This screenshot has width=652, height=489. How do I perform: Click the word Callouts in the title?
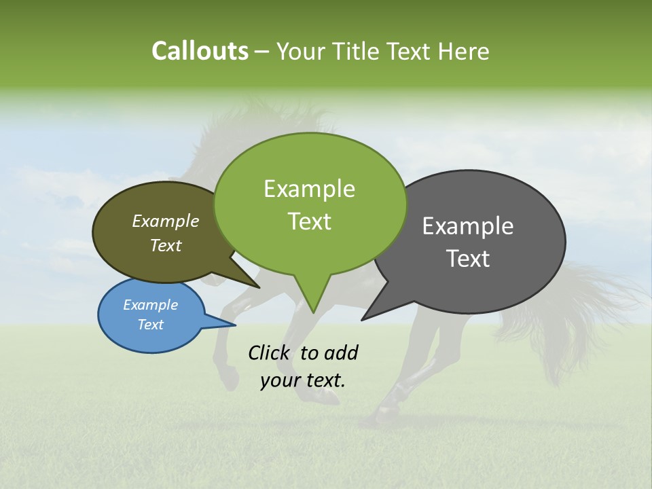[200, 51]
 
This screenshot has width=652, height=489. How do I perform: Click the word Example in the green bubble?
[310, 189]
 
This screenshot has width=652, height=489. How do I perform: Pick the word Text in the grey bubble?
[468, 259]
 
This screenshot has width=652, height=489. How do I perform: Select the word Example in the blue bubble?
[151, 305]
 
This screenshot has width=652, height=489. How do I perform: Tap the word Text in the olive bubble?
[166, 245]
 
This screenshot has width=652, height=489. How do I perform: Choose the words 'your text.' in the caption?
[303, 380]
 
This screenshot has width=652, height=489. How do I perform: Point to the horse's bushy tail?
[584, 306]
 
